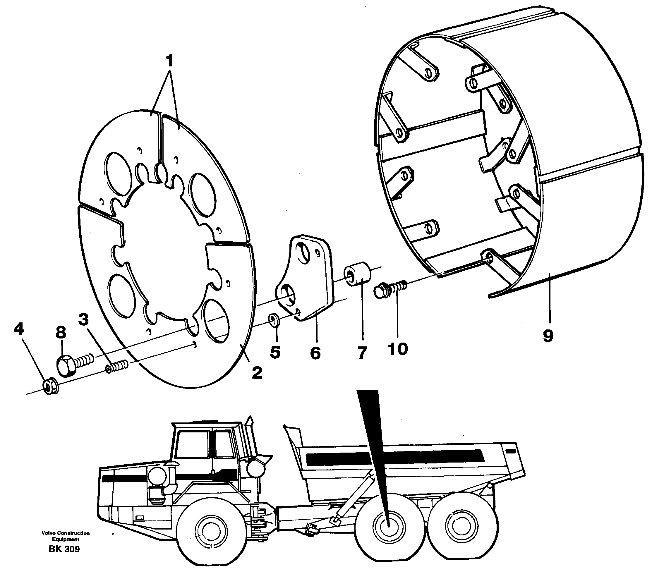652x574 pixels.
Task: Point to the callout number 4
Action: click(x=19, y=329)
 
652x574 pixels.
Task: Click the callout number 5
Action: click(x=275, y=352)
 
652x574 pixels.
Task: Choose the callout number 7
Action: click(x=361, y=353)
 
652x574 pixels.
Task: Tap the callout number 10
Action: click(x=398, y=349)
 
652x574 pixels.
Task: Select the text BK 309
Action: click(x=64, y=549)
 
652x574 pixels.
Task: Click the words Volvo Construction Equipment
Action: click(x=65, y=536)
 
